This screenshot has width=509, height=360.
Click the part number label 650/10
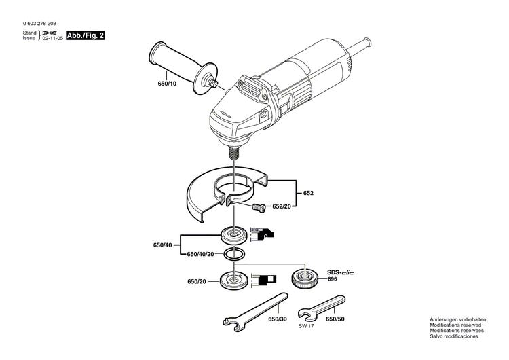tap(166, 84)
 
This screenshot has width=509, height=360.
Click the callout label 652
tap(308, 194)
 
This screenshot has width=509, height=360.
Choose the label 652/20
tap(282, 206)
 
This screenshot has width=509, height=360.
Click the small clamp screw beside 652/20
tap(257, 206)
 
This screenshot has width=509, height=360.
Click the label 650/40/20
tap(201, 254)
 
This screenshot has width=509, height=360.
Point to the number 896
tap(332, 279)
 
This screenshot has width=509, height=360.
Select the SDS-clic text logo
tap(341, 272)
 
